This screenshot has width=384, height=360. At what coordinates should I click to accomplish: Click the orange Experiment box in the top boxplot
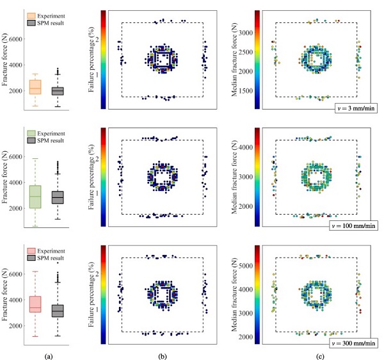(x=35, y=86)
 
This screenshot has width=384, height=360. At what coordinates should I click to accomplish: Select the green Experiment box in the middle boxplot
(x=35, y=196)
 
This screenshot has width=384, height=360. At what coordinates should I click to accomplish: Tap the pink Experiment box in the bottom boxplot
(x=35, y=304)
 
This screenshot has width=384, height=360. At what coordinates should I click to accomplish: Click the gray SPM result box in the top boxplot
(x=58, y=91)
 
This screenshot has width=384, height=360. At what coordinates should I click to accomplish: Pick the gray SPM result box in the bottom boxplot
(x=58, y=311)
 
